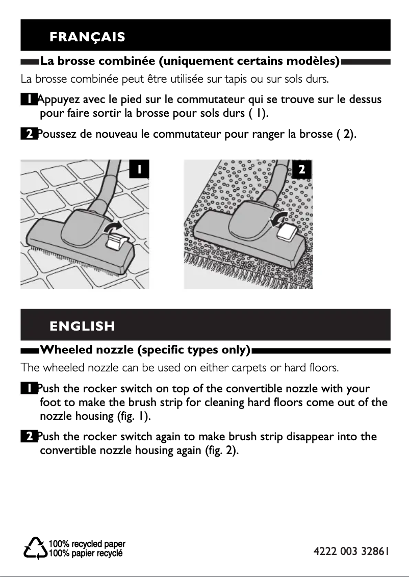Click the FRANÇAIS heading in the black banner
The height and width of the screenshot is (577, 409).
pyautogui.click(x=87, y=37)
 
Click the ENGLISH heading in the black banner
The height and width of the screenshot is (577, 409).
pyautogui.click(x=82, y=326)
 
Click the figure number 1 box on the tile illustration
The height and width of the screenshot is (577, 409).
pyautogui.click(x=139, y=169)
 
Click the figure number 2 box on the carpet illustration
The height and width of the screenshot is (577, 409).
pyautogui.click(x=301, y=169)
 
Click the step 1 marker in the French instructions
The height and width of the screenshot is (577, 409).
pyautogui.click(x=29, y=99)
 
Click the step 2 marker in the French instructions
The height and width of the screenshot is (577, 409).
pyautogui.click(x=29, y=134)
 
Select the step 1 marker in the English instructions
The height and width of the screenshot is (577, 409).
pyautogui.click(x=29, y=389)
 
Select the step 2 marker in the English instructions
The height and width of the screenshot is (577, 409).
pyautogui.click(x=29, y=437)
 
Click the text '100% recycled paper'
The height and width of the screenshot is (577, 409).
pyautogui.click(x=87, y=544)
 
